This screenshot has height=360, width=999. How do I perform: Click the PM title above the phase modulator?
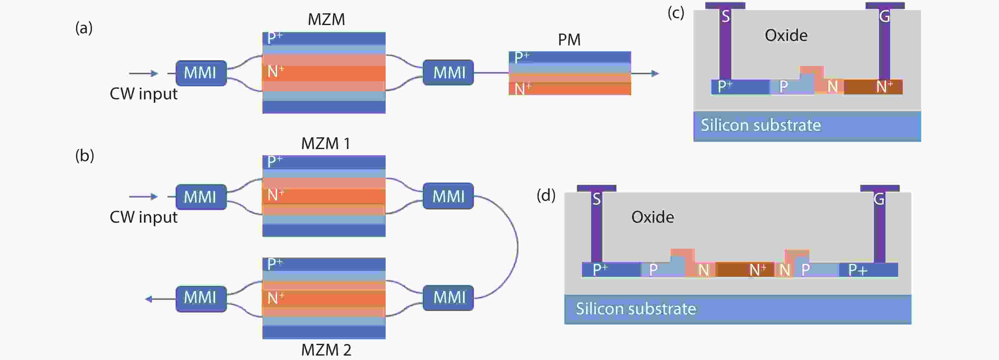569,40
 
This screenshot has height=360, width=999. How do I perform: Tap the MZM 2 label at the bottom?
326,350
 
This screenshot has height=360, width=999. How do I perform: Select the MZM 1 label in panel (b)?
326,144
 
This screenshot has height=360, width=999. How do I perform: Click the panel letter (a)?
84,28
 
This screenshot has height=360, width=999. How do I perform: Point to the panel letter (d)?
546,195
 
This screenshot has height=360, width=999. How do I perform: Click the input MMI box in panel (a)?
200,73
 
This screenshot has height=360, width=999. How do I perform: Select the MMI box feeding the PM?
448,73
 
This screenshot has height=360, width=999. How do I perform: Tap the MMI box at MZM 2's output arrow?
200,298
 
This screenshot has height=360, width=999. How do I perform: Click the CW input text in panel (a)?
143,94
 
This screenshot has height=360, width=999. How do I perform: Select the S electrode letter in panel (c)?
726,16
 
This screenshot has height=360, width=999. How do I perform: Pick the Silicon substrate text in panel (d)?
636,309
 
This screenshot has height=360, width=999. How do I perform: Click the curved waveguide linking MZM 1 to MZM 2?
517,247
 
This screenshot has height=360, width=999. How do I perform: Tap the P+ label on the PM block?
521,57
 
